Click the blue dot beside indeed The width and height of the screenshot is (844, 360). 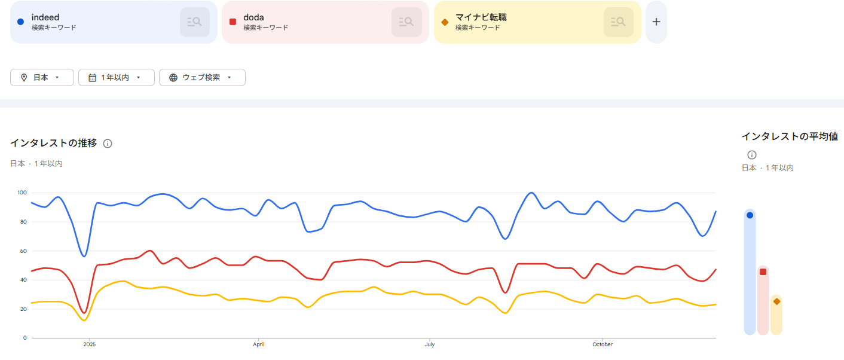[20, 22]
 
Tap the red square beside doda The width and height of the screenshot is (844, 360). [233, 22]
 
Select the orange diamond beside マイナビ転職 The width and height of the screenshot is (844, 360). [444, 22]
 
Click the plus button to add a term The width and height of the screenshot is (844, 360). [656, 22]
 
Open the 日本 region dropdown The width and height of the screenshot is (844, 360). [42, 78]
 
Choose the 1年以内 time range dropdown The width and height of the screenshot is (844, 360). [116, 78]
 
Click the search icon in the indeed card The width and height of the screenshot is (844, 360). [195, 22]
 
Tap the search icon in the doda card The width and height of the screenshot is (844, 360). [406, 22]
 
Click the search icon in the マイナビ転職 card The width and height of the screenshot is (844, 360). [619, 22]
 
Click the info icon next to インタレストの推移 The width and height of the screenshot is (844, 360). [108, 144]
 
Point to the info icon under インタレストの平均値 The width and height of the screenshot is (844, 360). [752, 155]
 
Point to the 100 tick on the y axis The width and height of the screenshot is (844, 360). [22, 193]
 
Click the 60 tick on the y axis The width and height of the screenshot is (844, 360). [23, 251]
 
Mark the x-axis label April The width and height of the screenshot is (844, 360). [259, 345]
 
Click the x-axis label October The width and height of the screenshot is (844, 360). [603, 345]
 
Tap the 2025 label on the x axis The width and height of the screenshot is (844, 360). [89, 345]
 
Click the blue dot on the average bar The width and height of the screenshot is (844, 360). [750, 215]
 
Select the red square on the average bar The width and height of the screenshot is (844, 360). [763, 272]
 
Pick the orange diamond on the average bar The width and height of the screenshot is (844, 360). [776, 301]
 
